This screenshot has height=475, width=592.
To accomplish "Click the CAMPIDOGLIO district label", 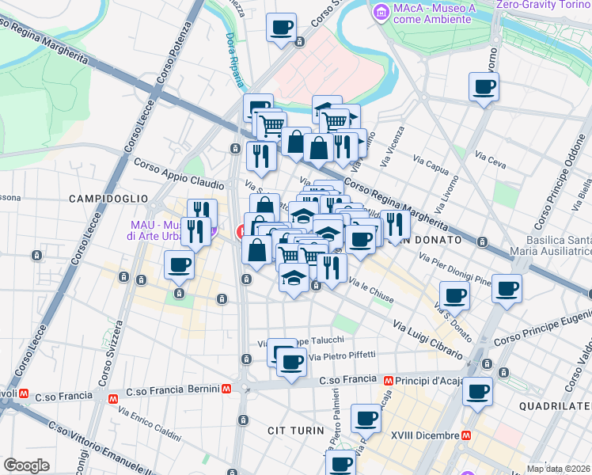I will tap(108, 197).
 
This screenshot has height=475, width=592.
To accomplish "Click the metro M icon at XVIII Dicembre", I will tap(467, 435).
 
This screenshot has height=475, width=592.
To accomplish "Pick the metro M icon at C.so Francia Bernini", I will tap(226, 389).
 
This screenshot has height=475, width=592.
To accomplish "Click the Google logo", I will tap(26, 465).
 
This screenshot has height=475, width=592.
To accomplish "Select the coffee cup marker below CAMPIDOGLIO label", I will tap(179, 264).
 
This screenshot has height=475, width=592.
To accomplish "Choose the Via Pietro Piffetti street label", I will tap(342, 356).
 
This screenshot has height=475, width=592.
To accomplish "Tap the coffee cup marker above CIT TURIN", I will tap(366, 417).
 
